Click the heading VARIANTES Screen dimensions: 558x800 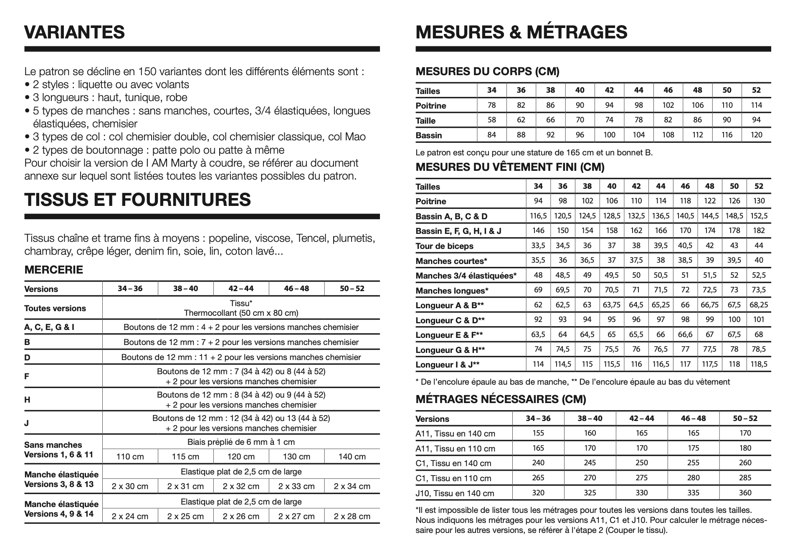pyautogui.click(x=74, y=32)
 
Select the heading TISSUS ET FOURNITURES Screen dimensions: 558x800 pyautogui.click(x=137, y=200)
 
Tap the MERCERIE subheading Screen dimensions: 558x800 pyautogui.click(x=54, y=270)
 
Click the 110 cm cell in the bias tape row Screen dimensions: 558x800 pyautogui.click(x=130, y=457)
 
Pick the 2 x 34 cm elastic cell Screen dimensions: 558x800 pyautogui.click(x=352, y=486)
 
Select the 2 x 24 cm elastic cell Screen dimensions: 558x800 pyautogui.click(x=130, y=516)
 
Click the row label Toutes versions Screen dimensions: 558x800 pyautogui.click(x=55, y=308)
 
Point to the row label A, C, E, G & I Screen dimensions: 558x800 pyautogui.click(x=49, y=327)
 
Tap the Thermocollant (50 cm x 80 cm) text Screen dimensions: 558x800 pyautogui.click(x=241, y=313)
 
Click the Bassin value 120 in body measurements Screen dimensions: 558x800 pyautogui.click(x=756, y=135)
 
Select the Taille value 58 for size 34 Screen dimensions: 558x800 pyautogui.click(x=492, y=120)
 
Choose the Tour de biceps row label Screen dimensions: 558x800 pyautogui.click(x=444, y=246)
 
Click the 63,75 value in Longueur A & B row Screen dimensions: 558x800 pyautogui.click(x=612, y=305)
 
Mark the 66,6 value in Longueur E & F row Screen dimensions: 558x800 pyautogui.click(x=685, y=335)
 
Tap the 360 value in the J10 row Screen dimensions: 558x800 pyautogui.click(x=745, y=493)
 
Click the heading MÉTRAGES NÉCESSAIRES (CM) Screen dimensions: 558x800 pyautogui.click(x=501, y=399)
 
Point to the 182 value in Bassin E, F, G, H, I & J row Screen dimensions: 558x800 pyautogui.click(x=759, y=231)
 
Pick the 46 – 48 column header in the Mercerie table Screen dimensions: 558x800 pyautogui.click(x=296, y=289)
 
